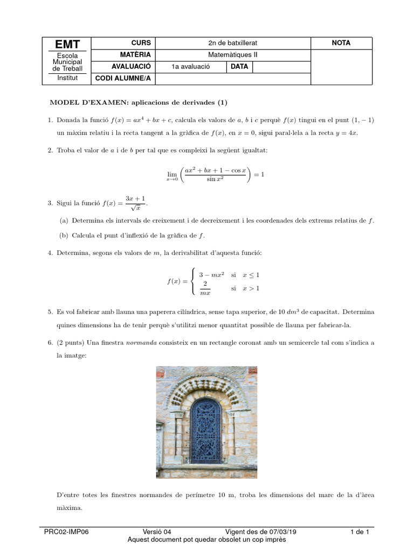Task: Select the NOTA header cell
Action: click(341, 43)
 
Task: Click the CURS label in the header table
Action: click(141, 43)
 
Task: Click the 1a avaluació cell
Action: click(190, 67)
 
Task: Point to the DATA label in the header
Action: click(239, 67)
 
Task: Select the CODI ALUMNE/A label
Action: click(123, 79)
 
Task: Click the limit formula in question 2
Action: click(215, 175)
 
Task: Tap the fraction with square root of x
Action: click(135, 203)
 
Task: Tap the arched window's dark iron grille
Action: click(206, 431)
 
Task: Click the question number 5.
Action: click(50, 312)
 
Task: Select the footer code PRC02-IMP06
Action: click(66, 532)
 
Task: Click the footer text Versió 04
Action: click(157, 532)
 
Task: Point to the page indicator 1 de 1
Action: click(360, 532)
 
